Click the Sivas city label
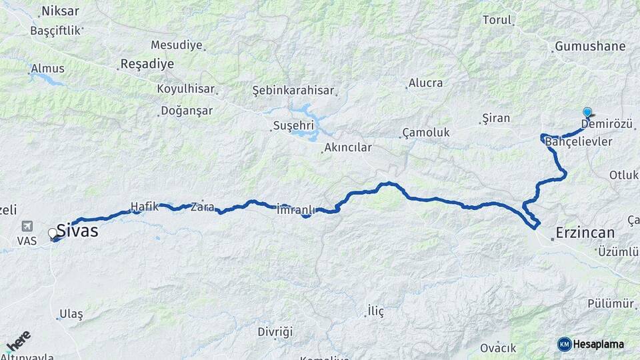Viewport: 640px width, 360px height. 77,231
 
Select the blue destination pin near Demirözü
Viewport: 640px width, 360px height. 587,113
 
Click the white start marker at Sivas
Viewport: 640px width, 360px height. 53,233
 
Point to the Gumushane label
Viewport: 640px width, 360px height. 589,47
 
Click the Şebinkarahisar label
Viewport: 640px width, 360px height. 293,90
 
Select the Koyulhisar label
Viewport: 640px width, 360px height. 187,89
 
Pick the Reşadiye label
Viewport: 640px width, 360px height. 147,64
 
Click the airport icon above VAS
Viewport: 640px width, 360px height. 27,226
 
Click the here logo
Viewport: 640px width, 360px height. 18,340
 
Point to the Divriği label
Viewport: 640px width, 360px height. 275,331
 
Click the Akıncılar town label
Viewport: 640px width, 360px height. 347,147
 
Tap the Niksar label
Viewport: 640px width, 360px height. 60,11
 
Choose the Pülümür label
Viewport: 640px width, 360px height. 611,303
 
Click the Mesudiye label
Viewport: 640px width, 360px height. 176,45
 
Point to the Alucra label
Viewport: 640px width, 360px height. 425,83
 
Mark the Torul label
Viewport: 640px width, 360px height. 497,20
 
